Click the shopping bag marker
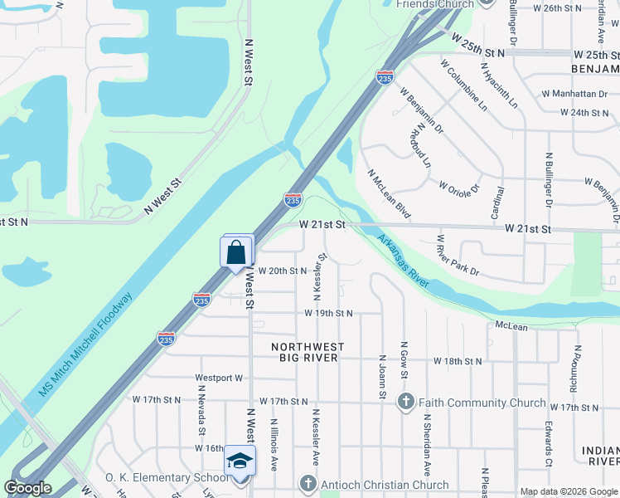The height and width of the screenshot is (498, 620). (237, 251)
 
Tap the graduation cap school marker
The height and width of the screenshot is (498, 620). (240, 461)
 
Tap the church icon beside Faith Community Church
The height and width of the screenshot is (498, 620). (405, 403)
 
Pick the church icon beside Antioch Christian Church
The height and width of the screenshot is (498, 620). (308, 483)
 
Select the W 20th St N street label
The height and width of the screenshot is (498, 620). (283, 271)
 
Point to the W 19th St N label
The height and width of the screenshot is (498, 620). (328, 314)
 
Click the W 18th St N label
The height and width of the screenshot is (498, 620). (458, 362)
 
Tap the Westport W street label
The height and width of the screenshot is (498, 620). (219, 378)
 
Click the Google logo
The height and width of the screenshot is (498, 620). (28, 488)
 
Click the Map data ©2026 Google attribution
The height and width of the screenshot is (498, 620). (568, 491)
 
